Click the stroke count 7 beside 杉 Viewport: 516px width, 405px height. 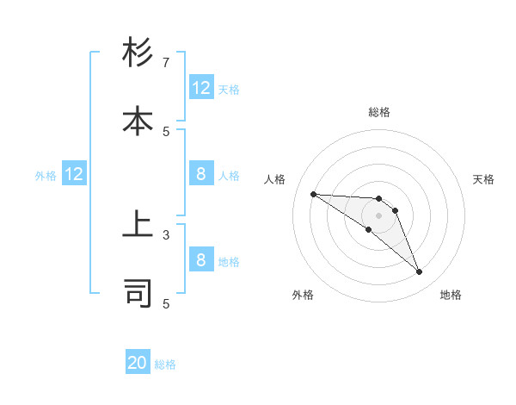coord(166,63)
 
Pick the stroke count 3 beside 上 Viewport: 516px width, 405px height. coord(166,234)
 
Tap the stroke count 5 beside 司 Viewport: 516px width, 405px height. coord(166,303)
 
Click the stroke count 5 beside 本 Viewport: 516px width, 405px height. coord(166,131)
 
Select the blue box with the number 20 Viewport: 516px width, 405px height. coord(138,364)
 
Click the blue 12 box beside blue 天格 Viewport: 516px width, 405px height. coord(201,88)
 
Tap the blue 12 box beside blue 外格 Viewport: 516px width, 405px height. coord(74,175)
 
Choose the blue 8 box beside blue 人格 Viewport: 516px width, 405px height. coord(201,175)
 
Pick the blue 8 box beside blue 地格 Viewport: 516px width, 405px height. coord(201,261)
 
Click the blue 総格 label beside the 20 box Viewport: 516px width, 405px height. coord(165,364)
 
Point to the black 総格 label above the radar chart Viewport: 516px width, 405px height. coord(378,112)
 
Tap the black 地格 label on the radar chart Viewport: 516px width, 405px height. coord(451,295)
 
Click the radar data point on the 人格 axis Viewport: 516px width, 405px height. coord(313,194)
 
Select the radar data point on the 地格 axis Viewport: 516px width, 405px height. coord(419,272)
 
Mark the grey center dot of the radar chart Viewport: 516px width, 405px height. coord(378,215)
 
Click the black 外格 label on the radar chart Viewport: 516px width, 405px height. coord(303,295)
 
